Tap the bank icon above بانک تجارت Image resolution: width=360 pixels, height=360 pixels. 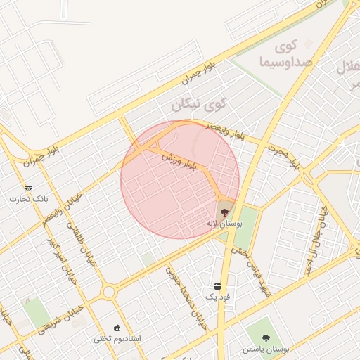(x=28, y=188)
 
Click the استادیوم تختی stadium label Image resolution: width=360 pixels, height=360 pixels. (x=118, y=338)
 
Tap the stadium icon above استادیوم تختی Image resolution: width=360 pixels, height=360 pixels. (x=117, y=327)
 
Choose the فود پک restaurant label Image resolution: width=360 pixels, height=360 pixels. (x=217, y=298)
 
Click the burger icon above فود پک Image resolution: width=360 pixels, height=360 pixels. (x=217, y=286)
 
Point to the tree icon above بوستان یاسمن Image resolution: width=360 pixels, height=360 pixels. (x=265, y=338)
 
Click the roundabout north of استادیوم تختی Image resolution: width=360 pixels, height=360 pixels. (x=109, y=292)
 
